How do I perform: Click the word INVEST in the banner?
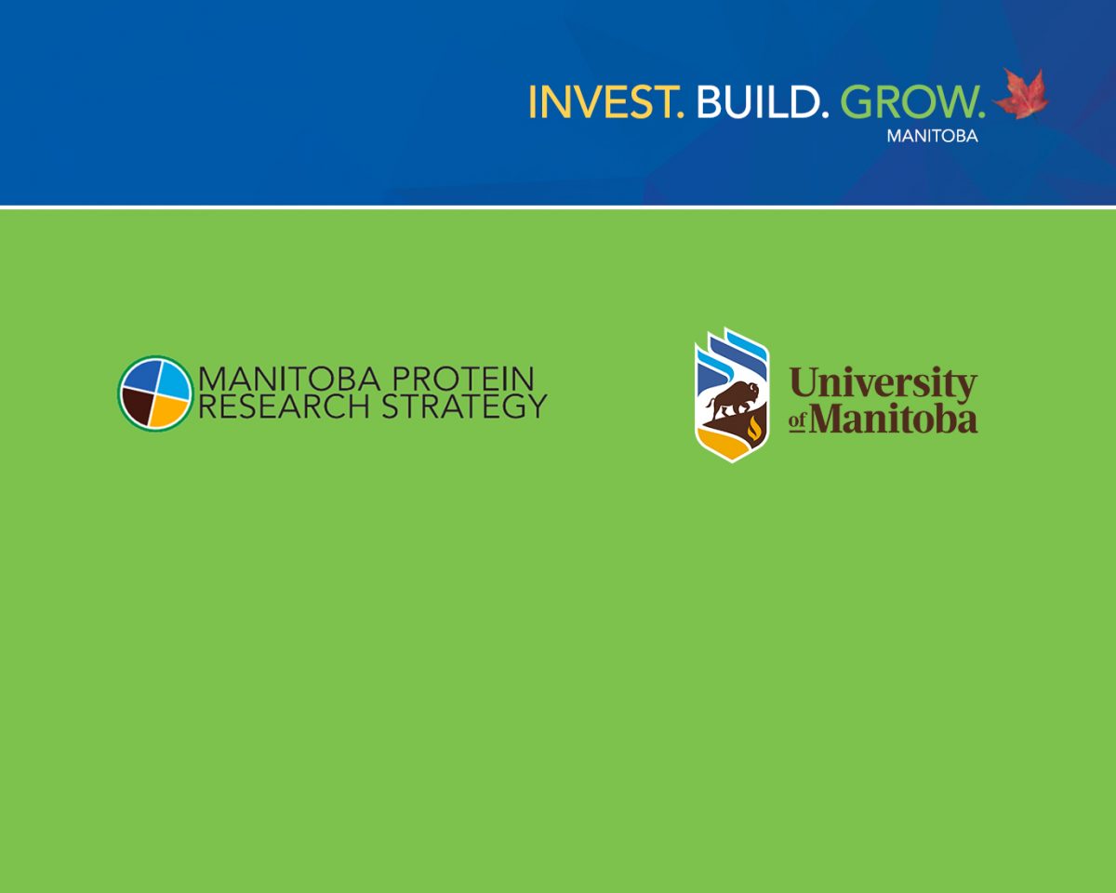(605, 101)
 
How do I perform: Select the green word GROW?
(912, 101)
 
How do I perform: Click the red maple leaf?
(1021, 95)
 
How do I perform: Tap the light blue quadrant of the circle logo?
(171, 377)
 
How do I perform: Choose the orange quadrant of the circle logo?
(170, 407)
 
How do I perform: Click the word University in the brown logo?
(883, 383)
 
